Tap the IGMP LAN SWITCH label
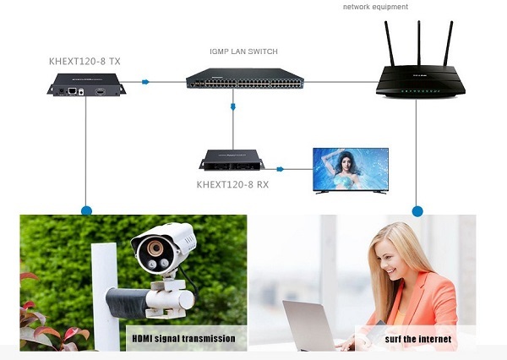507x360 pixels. (x=243, y=52)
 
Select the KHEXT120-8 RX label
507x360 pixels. (x=232, y=183)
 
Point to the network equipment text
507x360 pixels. (x=375, y=7)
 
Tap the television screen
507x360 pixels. (x=351, y=169)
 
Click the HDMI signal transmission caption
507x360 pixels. (x=183, y=340)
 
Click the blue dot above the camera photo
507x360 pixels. (x=84, y=209)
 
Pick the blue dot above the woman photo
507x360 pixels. (x=416, y=209)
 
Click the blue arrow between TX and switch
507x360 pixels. (x=146, y=82)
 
